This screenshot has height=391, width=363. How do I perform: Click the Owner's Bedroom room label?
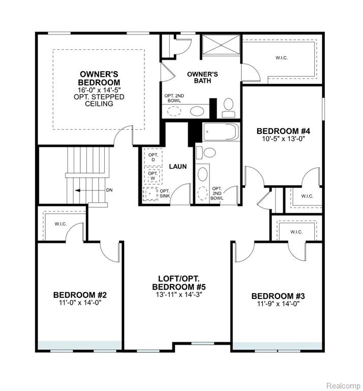coord(99,78)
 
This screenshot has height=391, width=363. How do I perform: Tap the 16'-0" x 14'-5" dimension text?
coord(99,90)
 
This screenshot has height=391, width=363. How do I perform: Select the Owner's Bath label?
coord(202,77)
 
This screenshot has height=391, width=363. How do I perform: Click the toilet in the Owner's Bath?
coord(228,108)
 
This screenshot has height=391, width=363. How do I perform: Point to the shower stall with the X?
coord(221,44)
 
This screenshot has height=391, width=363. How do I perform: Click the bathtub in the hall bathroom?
coord(221,132)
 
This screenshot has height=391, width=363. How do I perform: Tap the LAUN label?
coord(178,166)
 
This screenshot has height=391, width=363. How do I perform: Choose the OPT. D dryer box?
coord(153,157)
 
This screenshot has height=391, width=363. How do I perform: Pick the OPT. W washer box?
coord(153,176)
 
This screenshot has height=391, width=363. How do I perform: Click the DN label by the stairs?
coord(109,190)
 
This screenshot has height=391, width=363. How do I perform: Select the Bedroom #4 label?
coord(283,131)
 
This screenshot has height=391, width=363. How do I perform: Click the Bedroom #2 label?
coord(80,295)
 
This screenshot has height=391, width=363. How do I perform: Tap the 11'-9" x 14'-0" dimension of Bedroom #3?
coord(278,304)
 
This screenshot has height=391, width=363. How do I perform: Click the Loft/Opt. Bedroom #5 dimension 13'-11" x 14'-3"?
coord(179,294)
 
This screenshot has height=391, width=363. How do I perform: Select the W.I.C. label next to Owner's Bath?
coord(282,58)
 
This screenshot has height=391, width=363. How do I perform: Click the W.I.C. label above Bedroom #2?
coord(60,224)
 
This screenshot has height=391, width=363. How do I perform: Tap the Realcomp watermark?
coord(343,385)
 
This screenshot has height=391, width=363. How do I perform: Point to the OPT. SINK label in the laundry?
coord(165,193)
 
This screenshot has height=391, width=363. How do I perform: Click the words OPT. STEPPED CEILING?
coord(99,100)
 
